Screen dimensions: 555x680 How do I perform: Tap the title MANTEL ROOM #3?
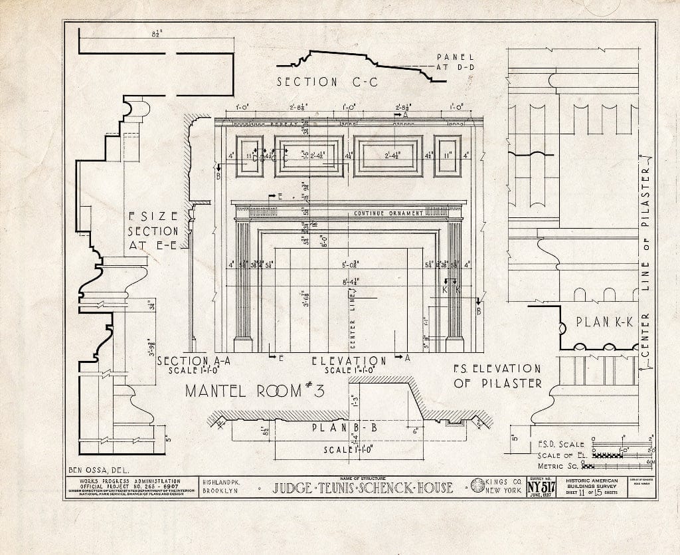point(254,390)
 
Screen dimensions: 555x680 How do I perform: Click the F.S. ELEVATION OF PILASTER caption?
point(497,376)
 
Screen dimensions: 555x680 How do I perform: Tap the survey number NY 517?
point(541,487)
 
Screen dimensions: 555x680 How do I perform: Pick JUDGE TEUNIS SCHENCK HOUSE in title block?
point(363,488)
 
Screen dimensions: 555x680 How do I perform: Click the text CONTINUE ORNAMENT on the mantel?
point(388,213)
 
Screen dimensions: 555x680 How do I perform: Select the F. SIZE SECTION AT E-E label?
point(153,231)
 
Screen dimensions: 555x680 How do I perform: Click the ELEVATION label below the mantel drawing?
point(349,361)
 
